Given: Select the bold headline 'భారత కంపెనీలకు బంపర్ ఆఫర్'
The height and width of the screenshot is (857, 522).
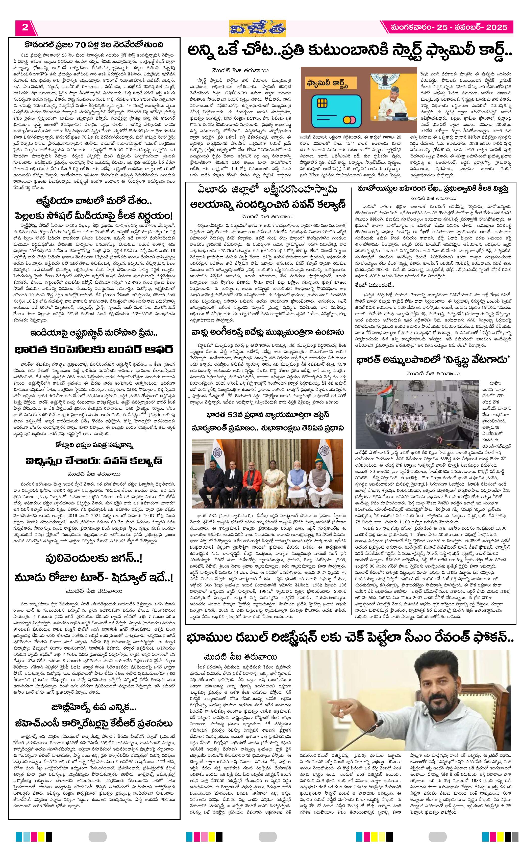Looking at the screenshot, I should tap(94, 350).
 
